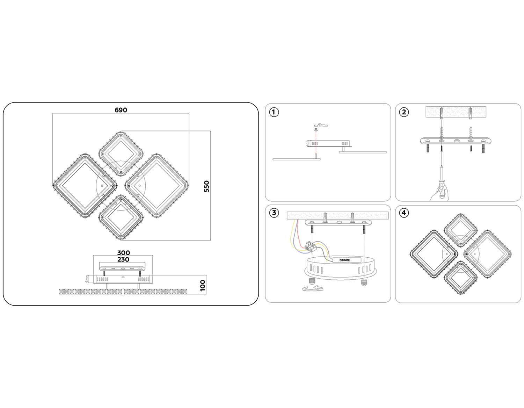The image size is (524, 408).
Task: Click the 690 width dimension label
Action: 121,110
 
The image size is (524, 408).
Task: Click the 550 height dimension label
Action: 207,186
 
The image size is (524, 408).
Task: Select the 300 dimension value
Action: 123,253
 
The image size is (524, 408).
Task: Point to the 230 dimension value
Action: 123,259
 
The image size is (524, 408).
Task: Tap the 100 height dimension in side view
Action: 203,285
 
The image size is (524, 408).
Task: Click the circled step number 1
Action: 274,112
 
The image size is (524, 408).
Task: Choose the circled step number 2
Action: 404,112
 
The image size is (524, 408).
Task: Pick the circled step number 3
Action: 274,213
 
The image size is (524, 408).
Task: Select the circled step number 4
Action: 404,213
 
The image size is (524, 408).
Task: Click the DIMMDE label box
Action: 347,260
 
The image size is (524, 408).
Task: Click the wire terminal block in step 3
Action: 311,246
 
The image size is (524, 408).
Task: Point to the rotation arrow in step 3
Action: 313,288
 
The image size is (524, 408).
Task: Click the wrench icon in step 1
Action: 323,125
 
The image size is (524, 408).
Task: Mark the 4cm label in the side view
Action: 87,279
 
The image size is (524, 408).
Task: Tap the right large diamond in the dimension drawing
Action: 157,186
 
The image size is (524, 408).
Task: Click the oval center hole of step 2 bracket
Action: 457,140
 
